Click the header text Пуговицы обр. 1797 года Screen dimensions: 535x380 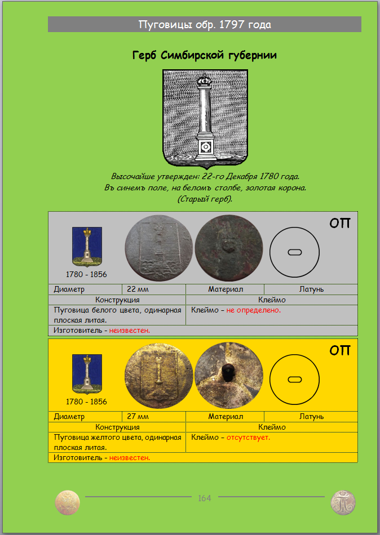click(x=205, y=25)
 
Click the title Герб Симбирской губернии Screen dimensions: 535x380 click(x=204, y=55)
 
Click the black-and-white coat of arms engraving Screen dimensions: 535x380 click(x=205, y=119)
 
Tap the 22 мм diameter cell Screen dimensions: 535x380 click(x=138, y=289)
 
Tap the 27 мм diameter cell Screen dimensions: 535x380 click(x=138, y=417)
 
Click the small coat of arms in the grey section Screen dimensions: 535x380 click(x=87, y=246)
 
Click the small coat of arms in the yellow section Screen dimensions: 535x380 click(x=87, y=373)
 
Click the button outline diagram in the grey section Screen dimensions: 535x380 click(x=294, y=251)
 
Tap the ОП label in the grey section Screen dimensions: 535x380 click(x=340, y=224)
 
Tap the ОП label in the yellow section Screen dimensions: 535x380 click(x=340, y=351)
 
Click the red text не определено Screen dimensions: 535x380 click(x=254, y=310)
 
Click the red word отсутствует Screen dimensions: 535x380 click(x=248, y=437)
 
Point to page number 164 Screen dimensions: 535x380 click(x=204, y=498)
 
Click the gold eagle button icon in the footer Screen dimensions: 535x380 click(x=67, y=502)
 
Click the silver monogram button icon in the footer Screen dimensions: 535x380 click(x=343, y=502)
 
